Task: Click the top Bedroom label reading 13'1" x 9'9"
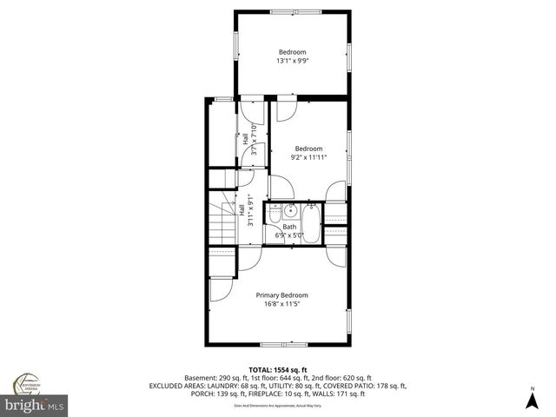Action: (x=291, y=56)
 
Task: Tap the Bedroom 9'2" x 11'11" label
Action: (x=308, y=152)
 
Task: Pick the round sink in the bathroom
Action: (x=291, y=210)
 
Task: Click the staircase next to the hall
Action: (x=222, y=222)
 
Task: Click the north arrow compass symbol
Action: (x=532, y=397)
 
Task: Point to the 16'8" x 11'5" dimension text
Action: (x=281, y=303)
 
